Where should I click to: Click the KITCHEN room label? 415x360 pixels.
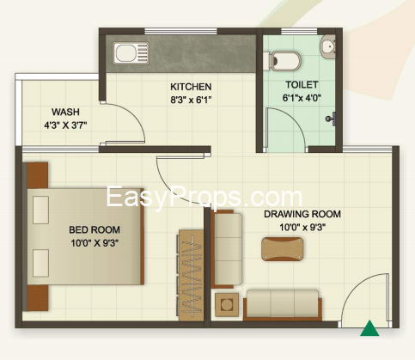(x=191, y=87)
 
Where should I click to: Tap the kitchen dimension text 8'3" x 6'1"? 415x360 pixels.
(x=191, y=100)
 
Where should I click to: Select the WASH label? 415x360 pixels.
(x=65, y=112)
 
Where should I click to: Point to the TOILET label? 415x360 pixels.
(x=302, y=85)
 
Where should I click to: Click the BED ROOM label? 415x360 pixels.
(x=95, y=229)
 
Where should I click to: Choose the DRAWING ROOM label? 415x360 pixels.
(x=302, y=214)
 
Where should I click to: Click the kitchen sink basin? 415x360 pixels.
(x=126, y=53)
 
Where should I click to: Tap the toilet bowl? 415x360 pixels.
(x=284, y=61)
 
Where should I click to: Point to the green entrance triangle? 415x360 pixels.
(x=369, y=328)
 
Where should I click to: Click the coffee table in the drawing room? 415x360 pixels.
(x=282, y=249)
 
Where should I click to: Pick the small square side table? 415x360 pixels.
(x=227, y=305)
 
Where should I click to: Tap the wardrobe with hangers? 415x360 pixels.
(x=191, y=275)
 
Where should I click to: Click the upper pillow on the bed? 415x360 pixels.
(x=40, y=210)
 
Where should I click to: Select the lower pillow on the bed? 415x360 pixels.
(x=40, y=263)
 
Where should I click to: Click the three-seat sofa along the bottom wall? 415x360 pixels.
(x=283, y=305)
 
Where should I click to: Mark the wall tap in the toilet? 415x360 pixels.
(x=331, y=119)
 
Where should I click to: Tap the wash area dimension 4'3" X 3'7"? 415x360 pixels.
(x=65, y=125)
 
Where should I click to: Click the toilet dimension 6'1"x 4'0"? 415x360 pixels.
(x=302, y=98)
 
